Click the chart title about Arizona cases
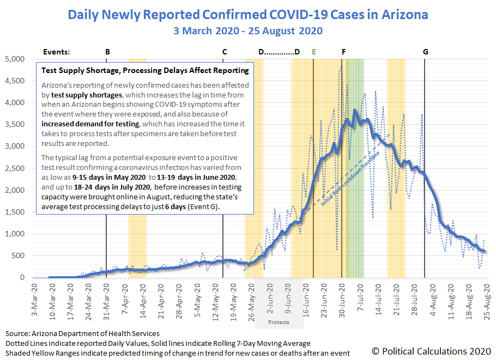(247, 14)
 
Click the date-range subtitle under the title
(247, 30)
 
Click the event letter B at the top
(107, 52)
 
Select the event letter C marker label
(225, 52)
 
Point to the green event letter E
(314, 52)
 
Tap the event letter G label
(425, 52)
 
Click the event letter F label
(343, 52)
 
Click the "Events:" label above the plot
(56, 52)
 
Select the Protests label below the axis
(279, 322)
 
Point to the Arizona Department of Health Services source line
(82, 333)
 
